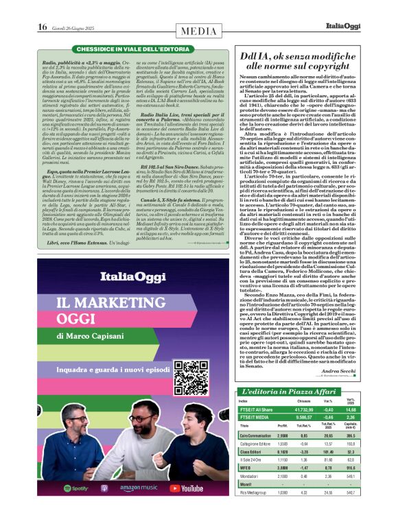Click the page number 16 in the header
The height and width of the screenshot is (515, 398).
pos(43,27)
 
